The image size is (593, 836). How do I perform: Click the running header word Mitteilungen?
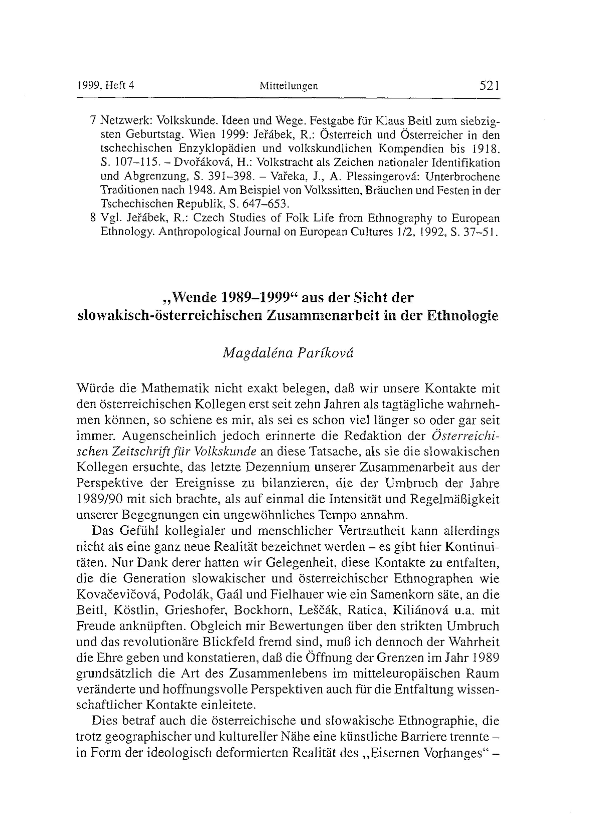pyautogui.click(x=288, y=86)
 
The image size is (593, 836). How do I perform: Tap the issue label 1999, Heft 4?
pyautogui.click(x=106, y=86)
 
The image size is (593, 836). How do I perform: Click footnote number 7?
pyautogui.click(x=93, y=120)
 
